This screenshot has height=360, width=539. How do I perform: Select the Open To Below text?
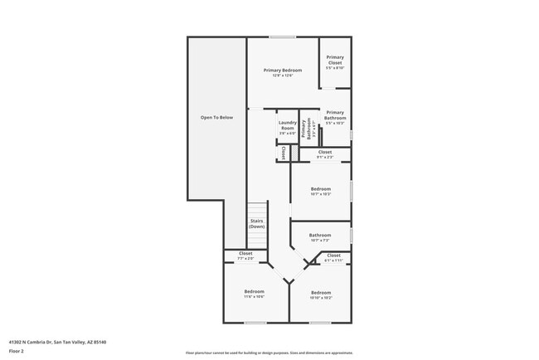pos(216,118)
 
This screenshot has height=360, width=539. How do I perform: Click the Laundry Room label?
pos(287,128)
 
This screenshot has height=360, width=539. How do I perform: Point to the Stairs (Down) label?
pos(257,224)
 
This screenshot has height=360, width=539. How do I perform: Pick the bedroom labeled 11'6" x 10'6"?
pos(254,294)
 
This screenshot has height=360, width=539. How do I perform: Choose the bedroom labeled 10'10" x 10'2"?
pos(321,294)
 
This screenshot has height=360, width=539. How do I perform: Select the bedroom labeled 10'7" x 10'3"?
pos(321,192)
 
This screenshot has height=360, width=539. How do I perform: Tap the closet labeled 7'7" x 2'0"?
pos(245,255)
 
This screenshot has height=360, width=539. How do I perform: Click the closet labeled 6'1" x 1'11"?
pos(333,257)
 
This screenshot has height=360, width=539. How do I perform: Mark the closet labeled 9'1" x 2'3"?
pos(325,154)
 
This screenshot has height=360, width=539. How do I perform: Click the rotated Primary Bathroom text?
pos(306,129)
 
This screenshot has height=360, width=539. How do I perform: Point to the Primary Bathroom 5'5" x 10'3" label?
pos(335,117)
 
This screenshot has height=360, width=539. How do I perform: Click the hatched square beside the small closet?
pos(294,153)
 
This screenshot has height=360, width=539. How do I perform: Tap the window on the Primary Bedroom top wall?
pos(282,36)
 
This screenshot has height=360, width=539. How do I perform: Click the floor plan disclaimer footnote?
pos(269,352)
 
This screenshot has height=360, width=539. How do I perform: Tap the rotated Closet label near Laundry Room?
pos(283,153)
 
